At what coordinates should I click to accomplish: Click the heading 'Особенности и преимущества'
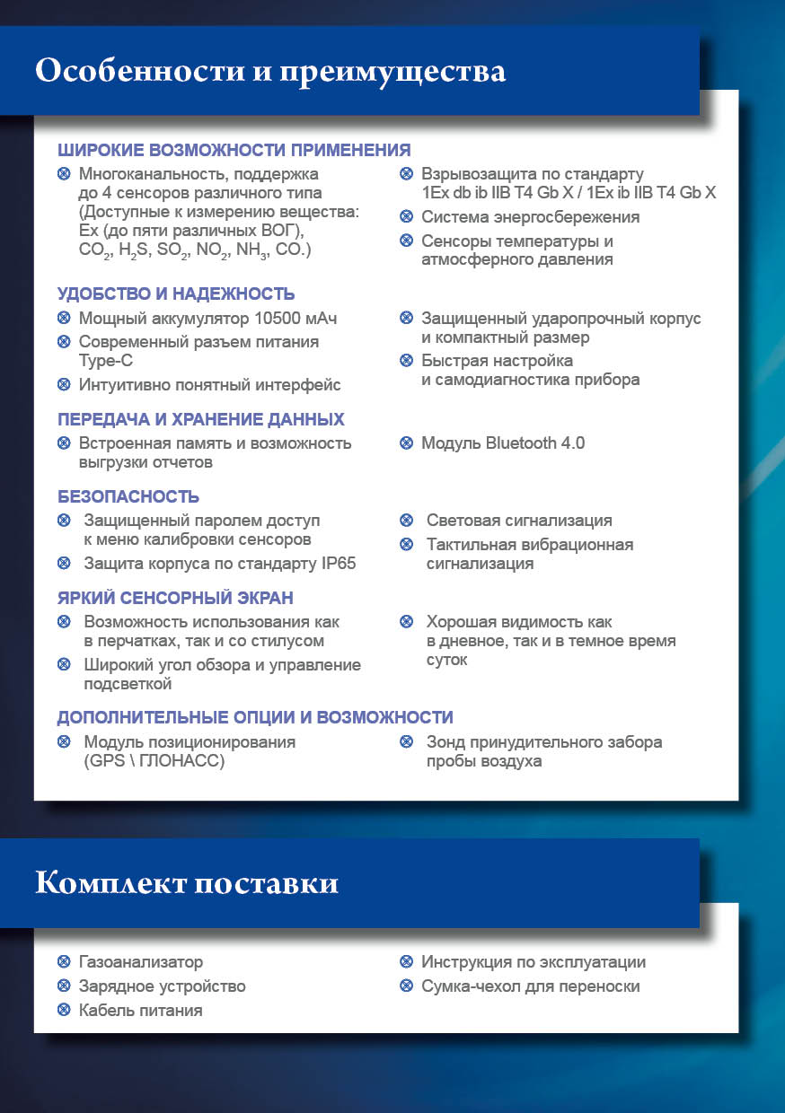pyautogui.click(x=270, y=71)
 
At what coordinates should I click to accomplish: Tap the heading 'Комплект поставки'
pyautogui.click(x=187, y=883)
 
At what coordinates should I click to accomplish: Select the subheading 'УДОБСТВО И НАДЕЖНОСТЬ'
pyautogui.click(x=176, y=294)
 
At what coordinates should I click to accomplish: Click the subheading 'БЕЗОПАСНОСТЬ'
pyautogui.click(x=128, y=496)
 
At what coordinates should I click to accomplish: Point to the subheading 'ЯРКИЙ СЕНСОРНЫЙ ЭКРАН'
pyautogui.click(x=175, y=598)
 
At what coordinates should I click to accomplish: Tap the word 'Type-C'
pyautogui.click(x=106, y=361)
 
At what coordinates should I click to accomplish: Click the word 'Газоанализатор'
pyautogui.click(x=141, y=962)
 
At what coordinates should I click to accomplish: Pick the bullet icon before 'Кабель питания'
pyautogui.click(x=64, y=1010)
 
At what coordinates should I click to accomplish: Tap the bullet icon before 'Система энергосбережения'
pyautogui.click(x=406, y=217)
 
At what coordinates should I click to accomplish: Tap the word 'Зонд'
pyautogui.click(x=445, y=742)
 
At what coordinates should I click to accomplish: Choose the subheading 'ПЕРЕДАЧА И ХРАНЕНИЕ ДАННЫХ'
pyautogui.click(x=201, y=419)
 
